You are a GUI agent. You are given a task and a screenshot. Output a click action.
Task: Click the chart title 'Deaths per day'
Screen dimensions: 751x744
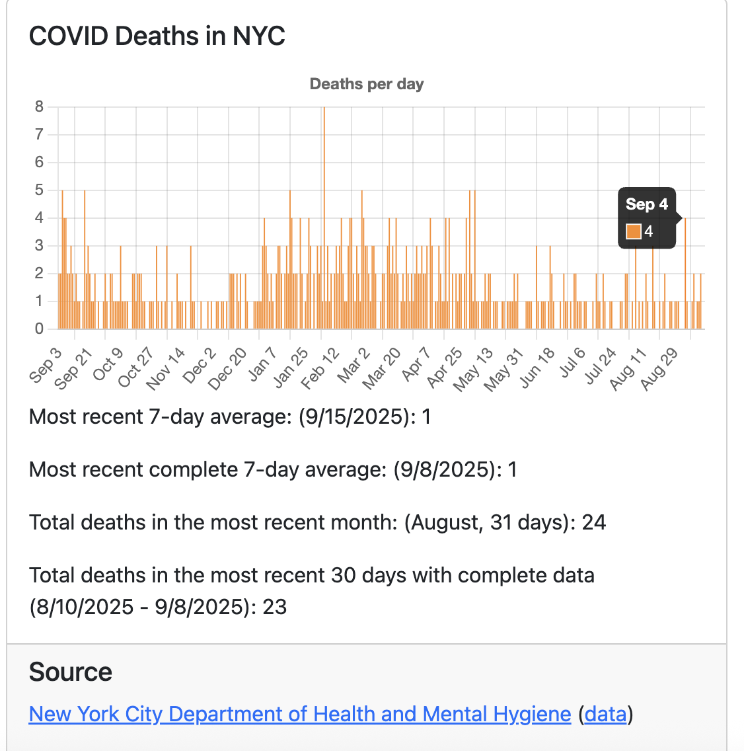(367, 84)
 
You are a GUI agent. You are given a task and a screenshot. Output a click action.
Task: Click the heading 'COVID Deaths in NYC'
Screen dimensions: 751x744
(157, 36)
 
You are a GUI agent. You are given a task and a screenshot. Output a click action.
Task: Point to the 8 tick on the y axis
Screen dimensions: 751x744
(39, 107)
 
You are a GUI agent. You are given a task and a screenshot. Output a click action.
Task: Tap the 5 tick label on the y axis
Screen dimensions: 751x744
(39, 190)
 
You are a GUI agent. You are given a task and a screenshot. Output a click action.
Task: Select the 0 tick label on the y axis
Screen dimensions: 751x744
(39, 329)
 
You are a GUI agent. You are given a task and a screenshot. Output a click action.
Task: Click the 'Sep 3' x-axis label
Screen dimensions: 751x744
(46, 364)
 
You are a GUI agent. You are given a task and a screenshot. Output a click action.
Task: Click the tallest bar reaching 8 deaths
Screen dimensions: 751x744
(324, 198)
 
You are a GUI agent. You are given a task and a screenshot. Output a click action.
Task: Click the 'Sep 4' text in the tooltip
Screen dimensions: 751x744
(646, 204)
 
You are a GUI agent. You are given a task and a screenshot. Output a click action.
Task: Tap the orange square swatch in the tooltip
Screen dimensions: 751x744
(633, 231)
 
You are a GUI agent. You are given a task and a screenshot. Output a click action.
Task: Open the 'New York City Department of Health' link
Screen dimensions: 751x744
(300, 714)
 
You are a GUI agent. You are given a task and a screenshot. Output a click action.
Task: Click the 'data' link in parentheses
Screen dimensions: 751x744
(605, 714)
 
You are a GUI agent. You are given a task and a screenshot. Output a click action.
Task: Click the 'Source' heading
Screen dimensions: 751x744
(71, 672)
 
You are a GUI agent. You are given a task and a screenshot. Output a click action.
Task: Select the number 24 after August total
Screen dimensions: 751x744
(593, 522)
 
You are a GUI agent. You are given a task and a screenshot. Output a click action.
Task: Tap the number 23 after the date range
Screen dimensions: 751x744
(274, 607)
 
